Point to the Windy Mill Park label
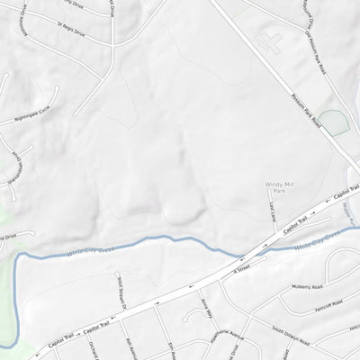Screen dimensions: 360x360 (280, 187)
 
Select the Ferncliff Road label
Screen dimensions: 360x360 (325, 305)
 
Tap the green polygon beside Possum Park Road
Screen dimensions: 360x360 (332, 122)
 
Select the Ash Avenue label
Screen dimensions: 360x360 (131, 347)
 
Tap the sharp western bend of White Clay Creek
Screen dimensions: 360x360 (18, 256)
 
